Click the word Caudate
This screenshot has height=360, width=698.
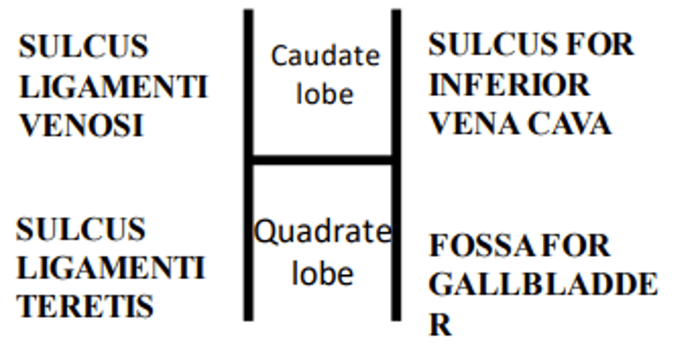coord(325,56)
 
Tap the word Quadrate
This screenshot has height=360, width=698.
coord(322,232)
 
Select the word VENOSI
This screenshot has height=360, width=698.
coord(81,126)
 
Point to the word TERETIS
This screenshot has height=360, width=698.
coord(85,306)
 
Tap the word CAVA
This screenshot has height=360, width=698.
coord(569,124)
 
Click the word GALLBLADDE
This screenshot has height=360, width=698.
coord(543,285)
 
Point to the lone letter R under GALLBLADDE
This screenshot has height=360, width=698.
coord(440,325)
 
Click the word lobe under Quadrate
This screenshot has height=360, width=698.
coord(323,274)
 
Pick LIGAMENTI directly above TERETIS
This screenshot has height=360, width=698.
coord(111,268)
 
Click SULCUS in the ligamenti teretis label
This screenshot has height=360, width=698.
coord(81,229)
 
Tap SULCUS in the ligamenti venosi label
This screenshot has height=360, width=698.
coord(83,47)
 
